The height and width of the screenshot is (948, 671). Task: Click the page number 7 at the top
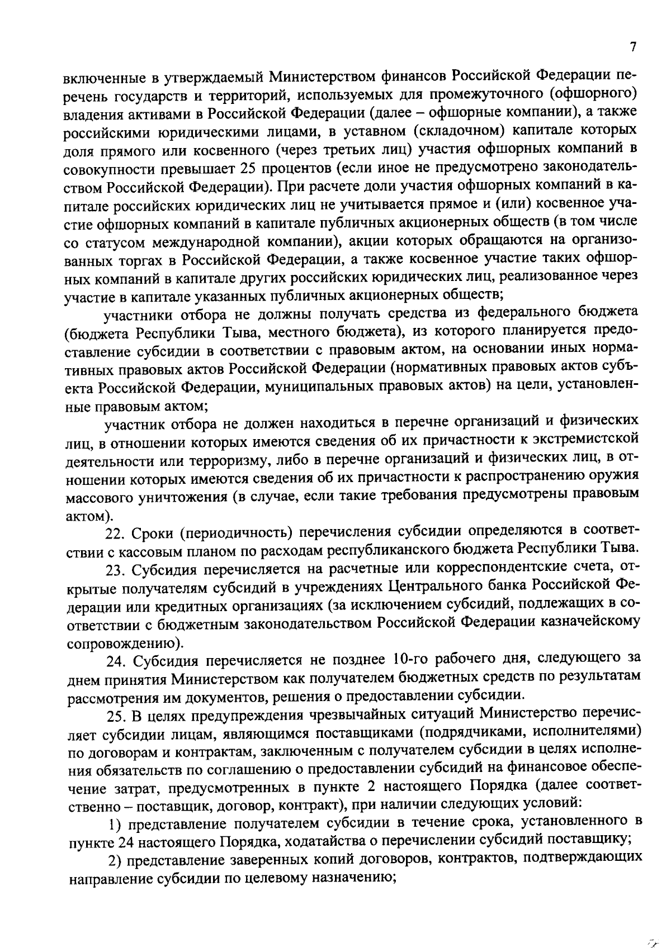(x=632, y=47)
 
